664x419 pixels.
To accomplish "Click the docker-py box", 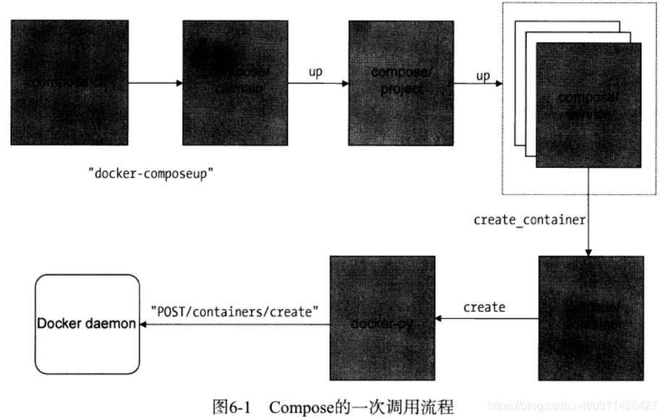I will pyautogui.click(x=382, y=318).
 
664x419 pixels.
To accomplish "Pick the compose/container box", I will pyautogui.click(x=591, y=318).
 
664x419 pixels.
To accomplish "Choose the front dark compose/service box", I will pyautogui.click(x=588, y=105).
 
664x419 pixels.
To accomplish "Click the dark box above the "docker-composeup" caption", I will pyautogui.click(x=69, y=82).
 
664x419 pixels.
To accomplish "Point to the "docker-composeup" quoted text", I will pyautogui.click(x=150, y=174).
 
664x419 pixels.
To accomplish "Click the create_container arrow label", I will pyautogui.click(x=529, y=219).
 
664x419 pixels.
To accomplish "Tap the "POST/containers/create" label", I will pyautogui.click(x=234, y=310).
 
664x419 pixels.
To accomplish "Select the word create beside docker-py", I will pyautogui.click(x=484, y=307).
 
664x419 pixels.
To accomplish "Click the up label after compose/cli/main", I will pyautogui.click(x=315, y=73).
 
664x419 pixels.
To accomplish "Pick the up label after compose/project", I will pyautogui.click(x=482, y=75).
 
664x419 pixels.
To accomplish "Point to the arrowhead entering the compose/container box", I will pyautogui.click(x=589, y=253).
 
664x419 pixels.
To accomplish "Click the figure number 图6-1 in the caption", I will pyautogui.click(x=231, y=406).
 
